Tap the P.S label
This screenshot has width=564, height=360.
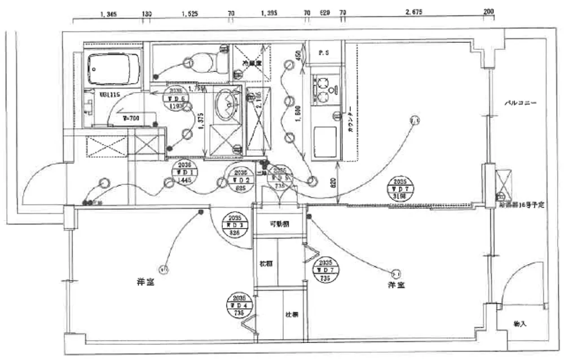click(x=324, y=53)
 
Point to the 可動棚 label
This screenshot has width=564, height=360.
click(x=279, y=224)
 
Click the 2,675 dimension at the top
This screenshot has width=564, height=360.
click(x=413, y=11)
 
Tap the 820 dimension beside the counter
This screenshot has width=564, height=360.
click(x=333, y=183)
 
